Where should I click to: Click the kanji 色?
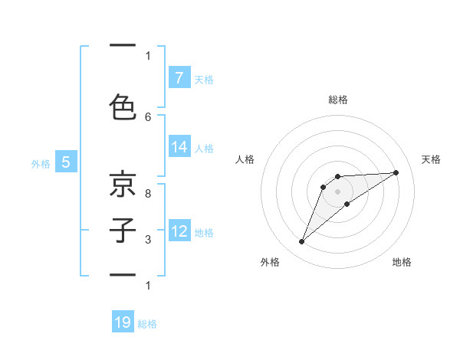(x=123, y=107)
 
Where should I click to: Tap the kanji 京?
(x=123, y=186)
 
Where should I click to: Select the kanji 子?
(x=123, y=230)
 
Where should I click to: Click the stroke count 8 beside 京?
(x=148, y=194)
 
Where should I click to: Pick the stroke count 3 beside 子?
(x=148, y=240)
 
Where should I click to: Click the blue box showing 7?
(x=179, y=78)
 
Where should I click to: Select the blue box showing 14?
(x=179, y=147)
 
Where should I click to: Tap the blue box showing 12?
(x=179, y=231)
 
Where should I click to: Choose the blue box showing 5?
(x=66, y=162)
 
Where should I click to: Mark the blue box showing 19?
(x=123, y=323)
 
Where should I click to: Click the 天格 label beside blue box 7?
(x=204, y=79)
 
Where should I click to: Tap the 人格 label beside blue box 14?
(x=204, y=148)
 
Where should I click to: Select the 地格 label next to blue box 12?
(x=204, y=232)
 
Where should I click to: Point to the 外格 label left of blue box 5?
(x=41, y=163)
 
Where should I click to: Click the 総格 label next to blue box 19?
(x=147, y=324)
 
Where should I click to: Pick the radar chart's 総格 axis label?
(x=337, y=100)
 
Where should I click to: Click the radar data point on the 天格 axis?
(x=396, y=172)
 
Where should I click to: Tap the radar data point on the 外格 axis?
(x=301, y=242)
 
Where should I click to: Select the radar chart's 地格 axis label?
(x=402, y=262)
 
